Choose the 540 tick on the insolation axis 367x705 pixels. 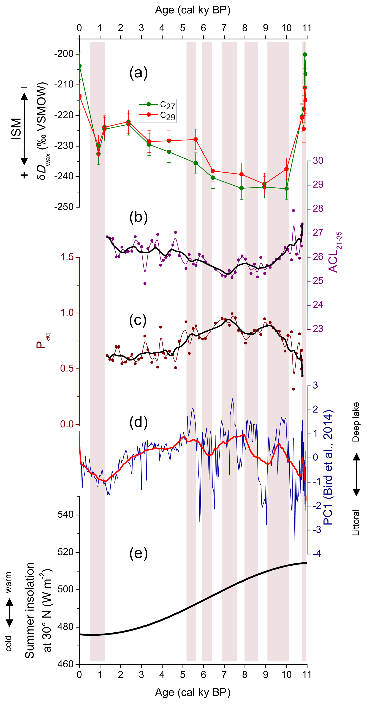[x=66, y=514]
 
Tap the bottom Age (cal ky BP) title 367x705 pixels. [x=193, y=692]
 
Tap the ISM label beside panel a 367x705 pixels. [x=16, y=129]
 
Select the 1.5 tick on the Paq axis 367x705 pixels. [x=67, y=257]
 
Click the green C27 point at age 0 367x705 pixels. [x=80, y=66]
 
